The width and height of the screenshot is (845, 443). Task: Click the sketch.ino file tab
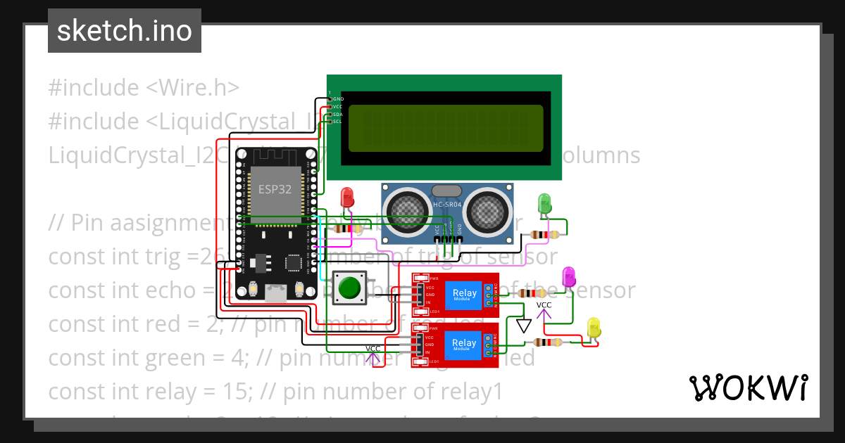[x=124, y=31]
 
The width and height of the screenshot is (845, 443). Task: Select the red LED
[x=346, y=198]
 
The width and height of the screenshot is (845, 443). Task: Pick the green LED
[x=544, y=204]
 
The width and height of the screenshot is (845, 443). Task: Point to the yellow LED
[x=594, y=327]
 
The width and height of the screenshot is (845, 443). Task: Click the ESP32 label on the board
[x=274, y=189]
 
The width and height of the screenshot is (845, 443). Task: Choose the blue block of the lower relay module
[x=464, y=343]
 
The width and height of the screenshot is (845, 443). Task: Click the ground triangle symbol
[x=523, y=326]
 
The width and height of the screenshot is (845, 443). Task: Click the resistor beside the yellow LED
[x=546, y=342]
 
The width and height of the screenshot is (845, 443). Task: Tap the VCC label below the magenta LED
[x=544, y=305]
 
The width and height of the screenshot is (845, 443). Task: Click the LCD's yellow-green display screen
[x=445, y=129]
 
